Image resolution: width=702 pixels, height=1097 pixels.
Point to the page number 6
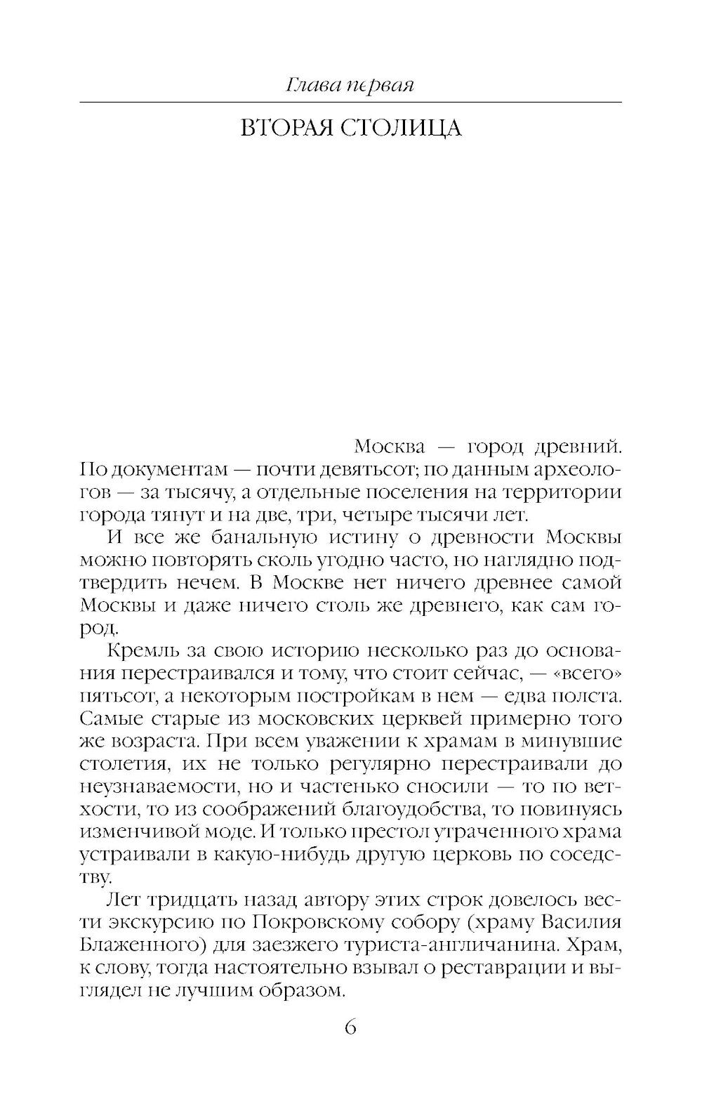[351, 1028]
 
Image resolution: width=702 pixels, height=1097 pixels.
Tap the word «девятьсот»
[365, 469]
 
